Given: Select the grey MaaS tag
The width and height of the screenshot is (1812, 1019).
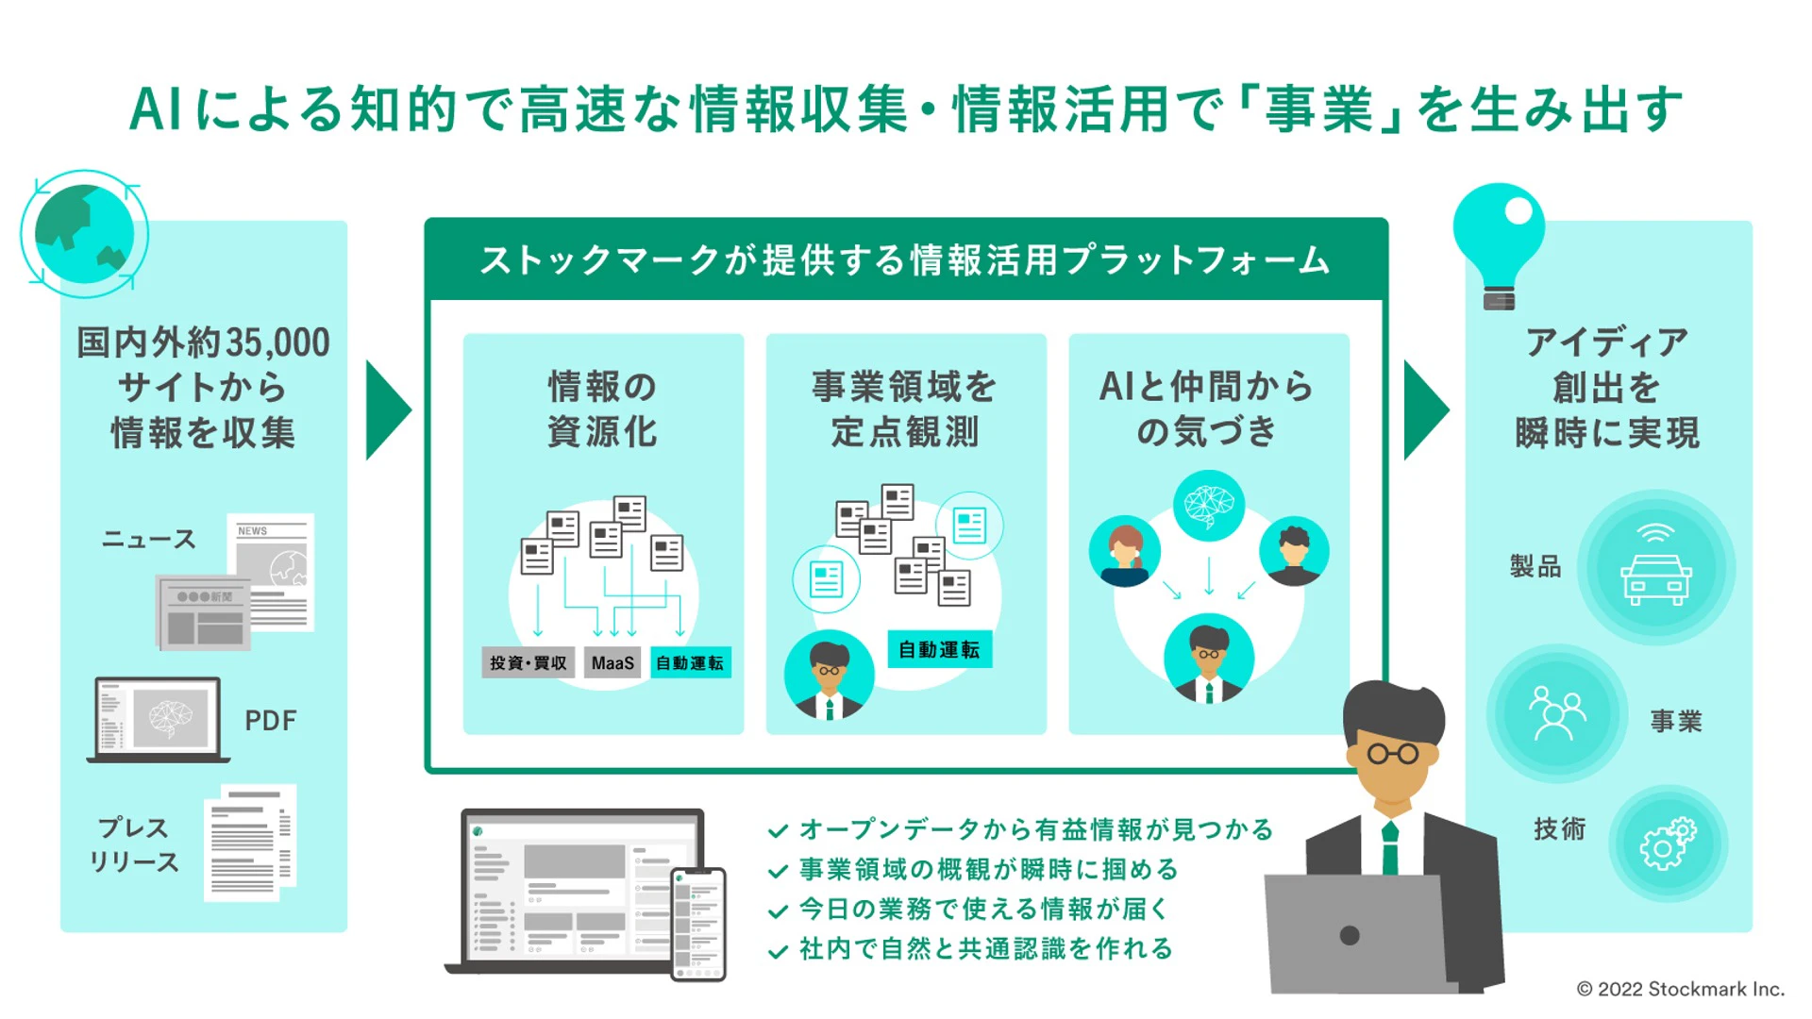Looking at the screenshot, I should (x=612, y=663).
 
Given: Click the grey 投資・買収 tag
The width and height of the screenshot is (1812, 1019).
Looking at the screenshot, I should (x=528, y=663).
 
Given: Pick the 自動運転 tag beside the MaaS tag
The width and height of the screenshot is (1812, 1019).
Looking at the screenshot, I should (x=690, y=663).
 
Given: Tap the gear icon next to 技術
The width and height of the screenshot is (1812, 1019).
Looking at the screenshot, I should (x=1668, y=844).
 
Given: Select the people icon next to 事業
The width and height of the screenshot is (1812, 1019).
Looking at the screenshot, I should (x=1555, y=713).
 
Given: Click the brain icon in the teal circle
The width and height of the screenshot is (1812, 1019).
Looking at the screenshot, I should (x=1209, y=505).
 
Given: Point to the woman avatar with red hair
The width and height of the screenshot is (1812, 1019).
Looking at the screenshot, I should (x=1124, y=552).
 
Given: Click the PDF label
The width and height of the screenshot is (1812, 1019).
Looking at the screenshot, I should (x=270, y=721).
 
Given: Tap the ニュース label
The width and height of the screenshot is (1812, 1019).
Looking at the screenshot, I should (x=149, y=540).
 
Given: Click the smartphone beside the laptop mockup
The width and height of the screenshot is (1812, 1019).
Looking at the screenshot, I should (x=698, y=924).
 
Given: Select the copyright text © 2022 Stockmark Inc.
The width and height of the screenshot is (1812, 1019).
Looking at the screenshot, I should (x=1681, y=989).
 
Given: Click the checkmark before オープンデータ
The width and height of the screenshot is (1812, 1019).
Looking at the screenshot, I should (x=778, y=831).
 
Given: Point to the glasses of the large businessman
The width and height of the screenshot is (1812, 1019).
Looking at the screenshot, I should (x=1394, y=754).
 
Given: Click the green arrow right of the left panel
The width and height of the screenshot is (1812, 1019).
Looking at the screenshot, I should (x=387, y=409).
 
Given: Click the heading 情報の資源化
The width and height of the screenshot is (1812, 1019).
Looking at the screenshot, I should (x=602, y=409).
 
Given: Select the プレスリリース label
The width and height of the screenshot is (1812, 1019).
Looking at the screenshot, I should (x=134, y=844).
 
